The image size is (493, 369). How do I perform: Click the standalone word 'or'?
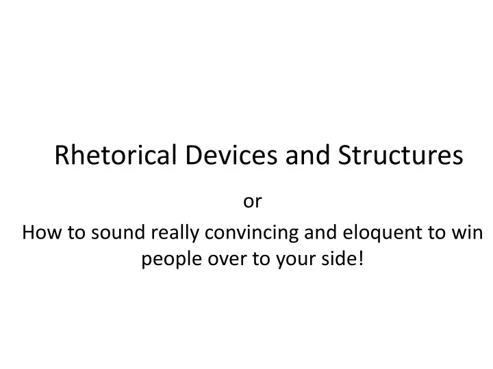click(252, 202)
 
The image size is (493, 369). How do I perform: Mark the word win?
click(472, 234)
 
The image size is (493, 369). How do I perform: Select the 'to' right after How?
click(71, 234)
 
